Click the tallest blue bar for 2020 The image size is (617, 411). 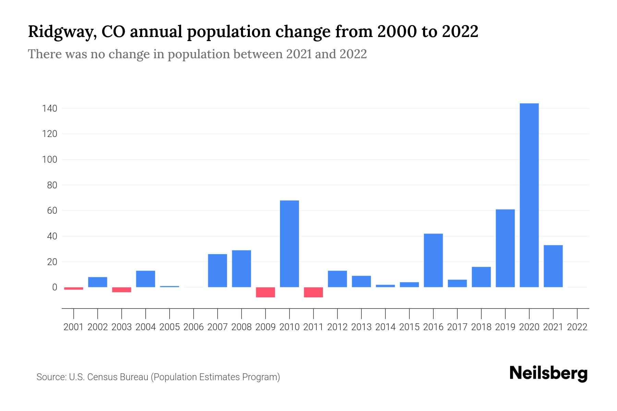point(529,195)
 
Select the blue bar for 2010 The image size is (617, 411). point(289,244)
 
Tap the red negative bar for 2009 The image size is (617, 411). point(265,292)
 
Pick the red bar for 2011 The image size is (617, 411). point(313,292)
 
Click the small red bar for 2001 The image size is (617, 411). point(74,288)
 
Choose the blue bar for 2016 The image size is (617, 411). point(433,260)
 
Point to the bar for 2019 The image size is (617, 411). point(505,248)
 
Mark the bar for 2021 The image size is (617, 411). point(553,266)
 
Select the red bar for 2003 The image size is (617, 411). point(122,290)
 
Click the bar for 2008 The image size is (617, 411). point(241,269)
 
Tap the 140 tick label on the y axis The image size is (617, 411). point(49,109)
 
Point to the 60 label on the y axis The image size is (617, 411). point(52,211)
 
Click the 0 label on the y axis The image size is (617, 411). point(55,287)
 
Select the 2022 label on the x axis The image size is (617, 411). point(577,327)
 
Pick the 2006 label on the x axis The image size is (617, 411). point(194,327)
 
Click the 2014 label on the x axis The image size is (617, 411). point(385,327)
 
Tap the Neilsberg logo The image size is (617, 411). point(548,373)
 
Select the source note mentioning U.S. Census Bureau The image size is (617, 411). point(158,377)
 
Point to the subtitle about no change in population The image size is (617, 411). point(197,54)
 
